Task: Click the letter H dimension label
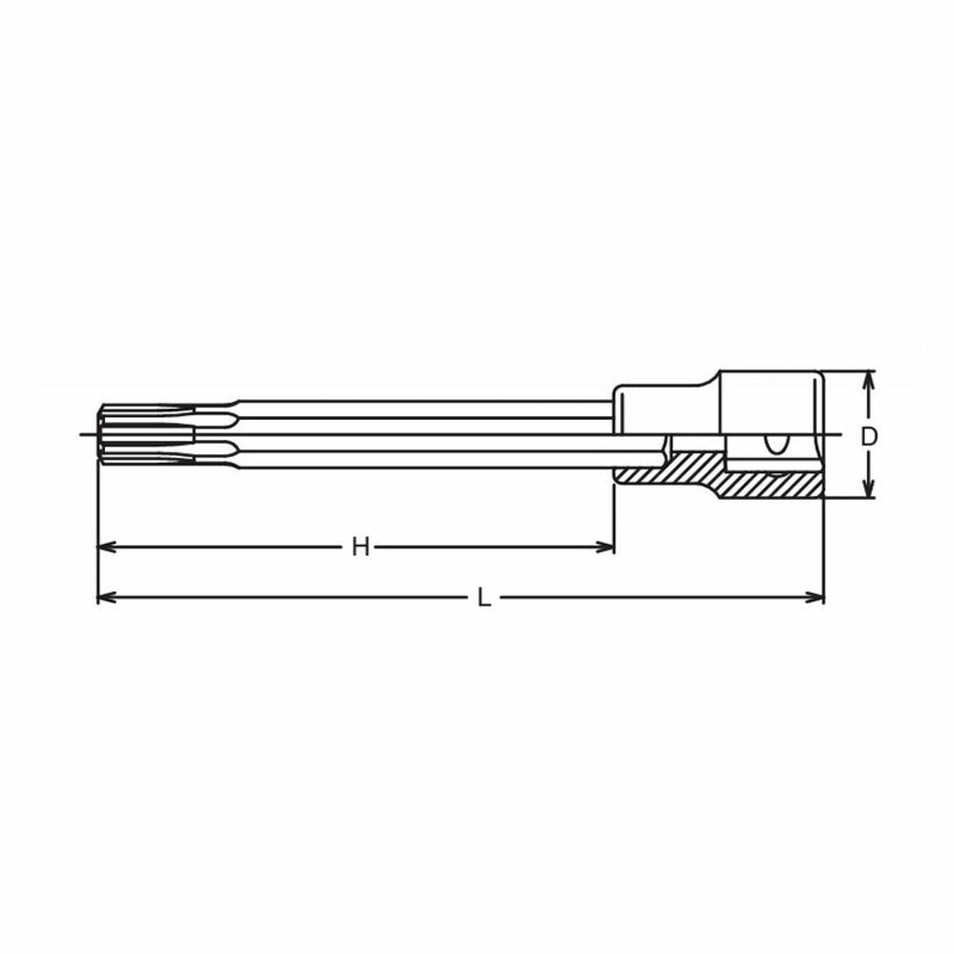pyautogui.click(x=360, y=548)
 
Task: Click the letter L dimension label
pyautogui.click(x=483, y=598)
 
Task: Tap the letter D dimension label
pyautogui.click(x=869, y=435)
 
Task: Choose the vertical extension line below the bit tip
pyautogui.click(x=97, y=530)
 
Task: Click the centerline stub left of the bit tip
pyautogui.click(x=87, y=434)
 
